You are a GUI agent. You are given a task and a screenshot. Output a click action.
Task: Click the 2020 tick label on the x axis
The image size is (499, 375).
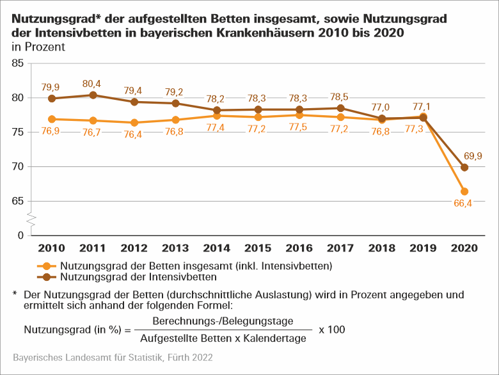pos(464,248)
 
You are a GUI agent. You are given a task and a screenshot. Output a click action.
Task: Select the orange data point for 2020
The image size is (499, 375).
pos(464,191)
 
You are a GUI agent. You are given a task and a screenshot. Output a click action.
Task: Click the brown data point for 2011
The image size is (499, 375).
pos(93,95)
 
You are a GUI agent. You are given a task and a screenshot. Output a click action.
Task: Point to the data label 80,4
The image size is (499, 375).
pos(93,83)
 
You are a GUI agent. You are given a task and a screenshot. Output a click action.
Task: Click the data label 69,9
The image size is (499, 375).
pos(474,156)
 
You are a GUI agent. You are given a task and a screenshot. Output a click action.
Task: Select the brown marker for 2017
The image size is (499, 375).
pos(340,108)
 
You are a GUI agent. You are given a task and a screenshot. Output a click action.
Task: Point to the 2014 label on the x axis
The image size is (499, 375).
pos(216,248)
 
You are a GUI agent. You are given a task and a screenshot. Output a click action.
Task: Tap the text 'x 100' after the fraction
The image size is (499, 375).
pos(331,330)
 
